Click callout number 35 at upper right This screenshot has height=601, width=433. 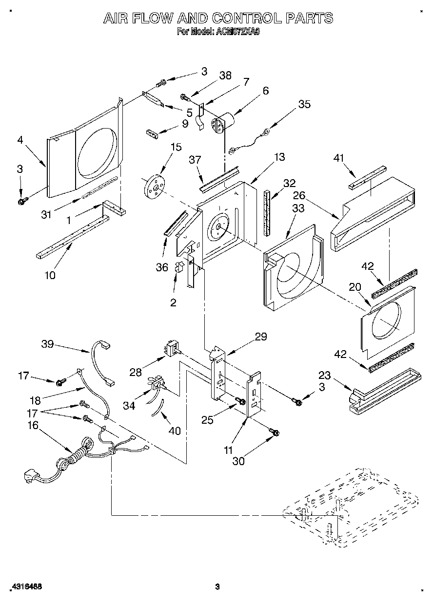[x=304, y=103]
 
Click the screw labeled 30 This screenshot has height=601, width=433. [x=275, y=432]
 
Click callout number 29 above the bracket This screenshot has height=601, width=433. [x=261, y=337]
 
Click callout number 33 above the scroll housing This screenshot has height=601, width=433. [x=298, y=209]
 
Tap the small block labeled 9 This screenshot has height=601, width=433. [x=152, y=133]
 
